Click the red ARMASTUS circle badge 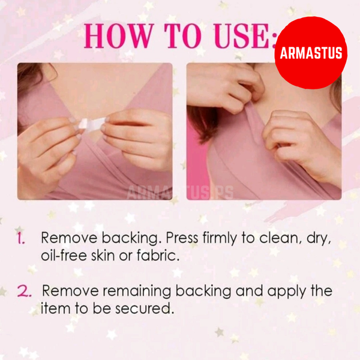click(311, 53)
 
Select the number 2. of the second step click(24, 292)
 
